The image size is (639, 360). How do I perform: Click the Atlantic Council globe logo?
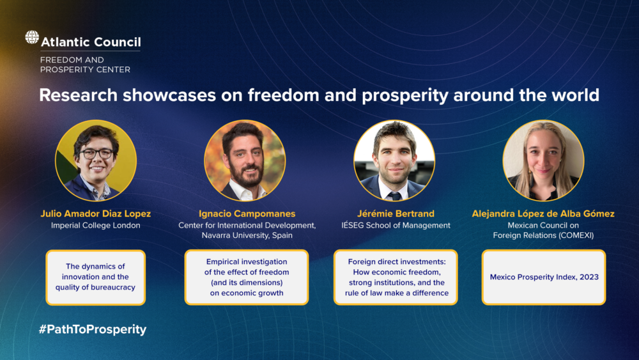[x=32, y=37]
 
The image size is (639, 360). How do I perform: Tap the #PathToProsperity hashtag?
[x=93, y=329]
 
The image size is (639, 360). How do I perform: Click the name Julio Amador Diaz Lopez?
[x=96, y=214]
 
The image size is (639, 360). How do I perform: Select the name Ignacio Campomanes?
[x=247, y=214]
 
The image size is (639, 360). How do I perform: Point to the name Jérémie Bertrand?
[x=396, y=214]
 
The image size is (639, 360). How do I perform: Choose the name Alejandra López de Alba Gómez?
[x=543, y=214]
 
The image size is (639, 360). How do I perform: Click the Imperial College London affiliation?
[x=96, y=226]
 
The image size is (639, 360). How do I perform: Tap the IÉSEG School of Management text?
[x=396, y=226]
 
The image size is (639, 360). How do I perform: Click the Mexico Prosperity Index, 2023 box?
[x=544, y=278]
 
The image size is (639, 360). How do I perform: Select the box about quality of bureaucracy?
[x=96, y=278]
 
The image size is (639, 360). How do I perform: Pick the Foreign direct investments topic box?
[x=396, y=278]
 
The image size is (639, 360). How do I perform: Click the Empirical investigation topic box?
[x=247, y=278]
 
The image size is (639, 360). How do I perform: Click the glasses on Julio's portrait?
[x=96, y=153]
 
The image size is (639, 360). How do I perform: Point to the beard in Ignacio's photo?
[x=245, y=175]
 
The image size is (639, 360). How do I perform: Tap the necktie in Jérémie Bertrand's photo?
[x=394, y=196]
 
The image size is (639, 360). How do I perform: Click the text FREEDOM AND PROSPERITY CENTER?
[x=85, y=65]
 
